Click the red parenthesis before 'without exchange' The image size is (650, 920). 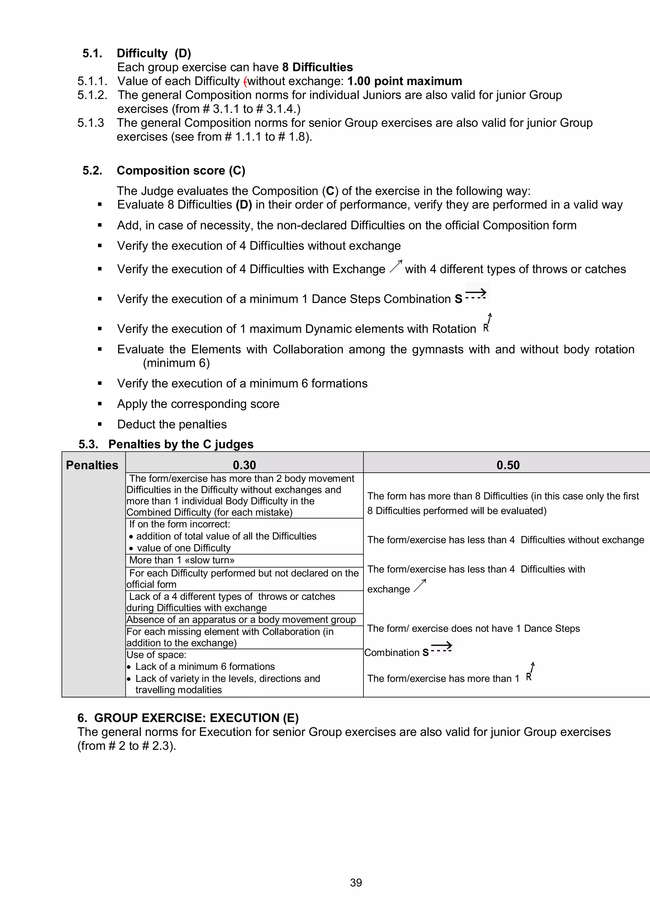(245, 81)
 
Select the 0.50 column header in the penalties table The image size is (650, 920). (508, 465)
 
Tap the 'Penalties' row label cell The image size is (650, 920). (92, 465)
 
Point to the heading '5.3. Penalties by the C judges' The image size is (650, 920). (166, 444)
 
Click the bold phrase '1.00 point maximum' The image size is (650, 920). (404, 81)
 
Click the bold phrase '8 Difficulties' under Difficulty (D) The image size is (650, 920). (317, 67)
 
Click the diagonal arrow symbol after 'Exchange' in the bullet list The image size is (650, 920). (396, 266)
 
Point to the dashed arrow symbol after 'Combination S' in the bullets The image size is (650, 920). (476, 295)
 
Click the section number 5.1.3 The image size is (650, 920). (90, 123)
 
